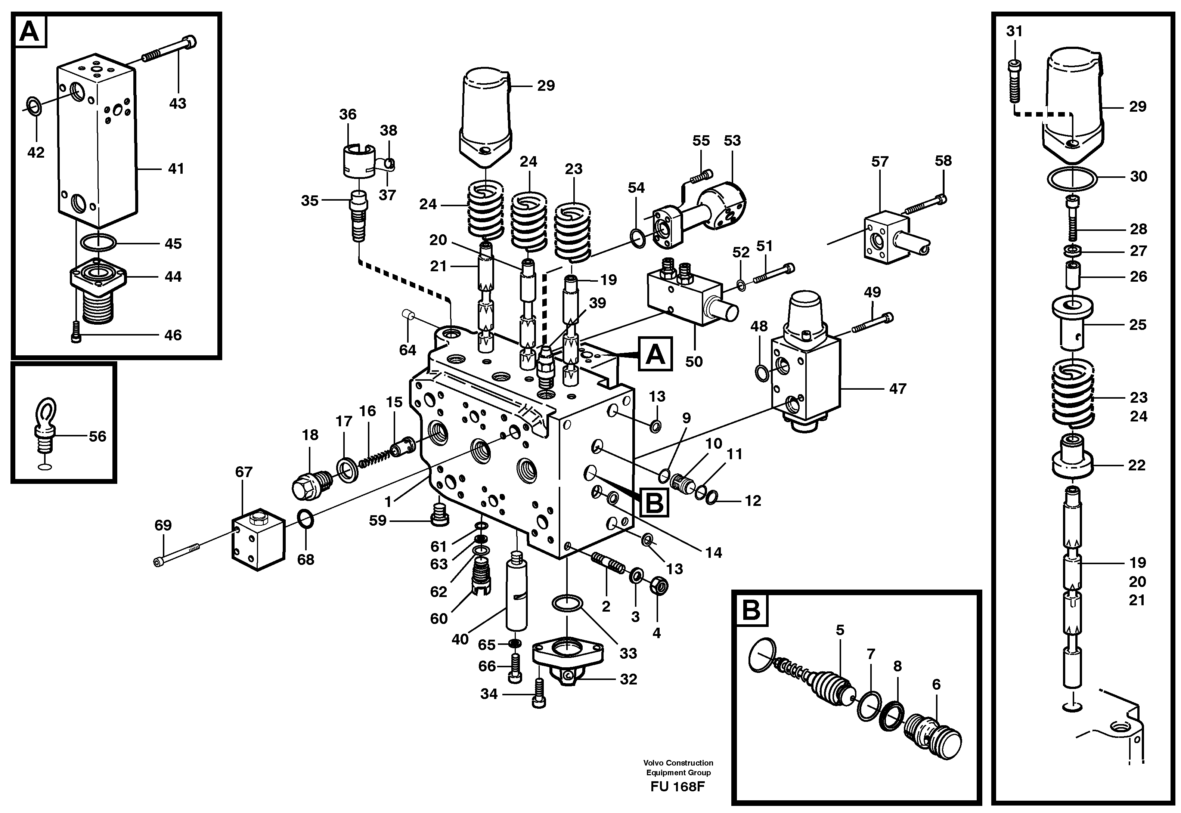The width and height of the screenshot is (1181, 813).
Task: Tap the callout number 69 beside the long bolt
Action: pos(163,525)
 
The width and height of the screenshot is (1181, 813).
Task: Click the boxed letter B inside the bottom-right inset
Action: pos(751,610)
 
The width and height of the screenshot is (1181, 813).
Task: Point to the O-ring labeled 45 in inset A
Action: pos(99,243)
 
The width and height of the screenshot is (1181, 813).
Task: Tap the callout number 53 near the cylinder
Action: pos(732,140)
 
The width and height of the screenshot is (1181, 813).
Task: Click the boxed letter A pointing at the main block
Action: pos(655,353)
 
